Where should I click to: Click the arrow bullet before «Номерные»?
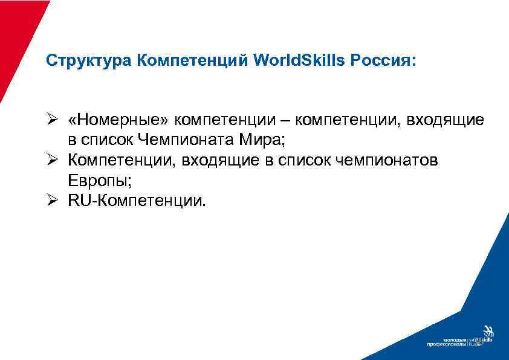click(53, 120)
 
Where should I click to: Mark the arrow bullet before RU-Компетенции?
click(53, 200)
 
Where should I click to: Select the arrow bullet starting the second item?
click(53, 160)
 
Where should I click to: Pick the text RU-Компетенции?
click(137, 200)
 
